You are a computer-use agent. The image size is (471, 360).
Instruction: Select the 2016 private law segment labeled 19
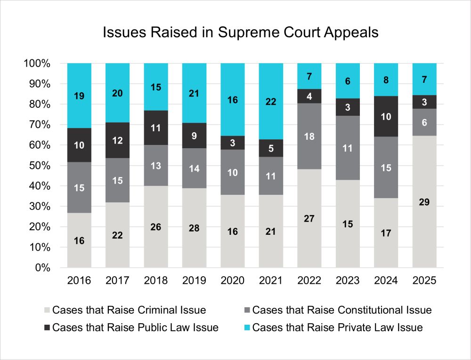(x=79, y=96)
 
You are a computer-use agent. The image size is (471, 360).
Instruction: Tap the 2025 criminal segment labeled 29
(x=424, y=202)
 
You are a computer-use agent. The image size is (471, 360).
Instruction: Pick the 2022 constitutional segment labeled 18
(x=309, y=136)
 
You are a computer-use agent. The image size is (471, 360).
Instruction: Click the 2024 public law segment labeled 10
(x=386, y=116)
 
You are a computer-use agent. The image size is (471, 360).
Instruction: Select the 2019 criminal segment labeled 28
(x=194, y=228)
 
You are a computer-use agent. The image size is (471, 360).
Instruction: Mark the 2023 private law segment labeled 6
(x=348, y=81)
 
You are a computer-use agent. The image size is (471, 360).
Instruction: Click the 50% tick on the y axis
(x=41, y=166)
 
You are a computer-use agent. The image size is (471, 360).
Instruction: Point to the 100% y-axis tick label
(x=38, y=64)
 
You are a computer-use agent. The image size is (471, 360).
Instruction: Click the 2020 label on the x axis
(x=233, y=280)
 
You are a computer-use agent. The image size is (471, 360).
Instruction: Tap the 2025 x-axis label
(x=424, y=280)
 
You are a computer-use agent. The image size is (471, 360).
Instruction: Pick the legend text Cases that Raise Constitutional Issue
(x=342, y=310)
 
